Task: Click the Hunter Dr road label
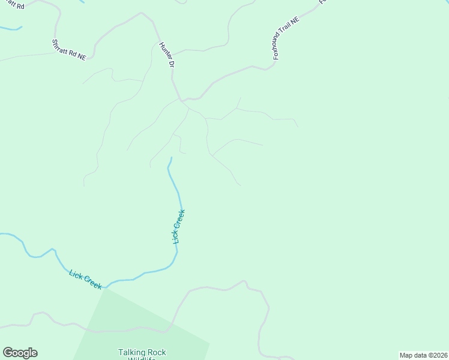pyautogui.click(x=166, y=54)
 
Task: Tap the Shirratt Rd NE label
pyautogui.click(x=70, y=49)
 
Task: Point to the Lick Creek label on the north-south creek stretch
pyautogui.click(x=178, y=226)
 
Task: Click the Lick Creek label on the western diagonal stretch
pyautogui.click(x=85, y=279)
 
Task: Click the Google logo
pyautogui.click(x=20, y=353)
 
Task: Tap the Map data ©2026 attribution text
pyautogui.click(x=424, y=355)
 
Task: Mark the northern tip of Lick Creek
pyautogui.click(x=171, y=158)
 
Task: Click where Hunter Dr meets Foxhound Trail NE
pyautogui.click(x=182, y=99)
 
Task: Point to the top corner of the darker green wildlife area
pyautogui.click(x=106, y=289)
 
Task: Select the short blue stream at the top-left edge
pyautogui.click(x=11, y=28)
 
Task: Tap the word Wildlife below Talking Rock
pyautogui.click(x=142, y=359)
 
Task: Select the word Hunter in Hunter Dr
pyautogui.click(x=164, y=50)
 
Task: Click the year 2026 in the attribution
pyautogui.click(x=439, y=355)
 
